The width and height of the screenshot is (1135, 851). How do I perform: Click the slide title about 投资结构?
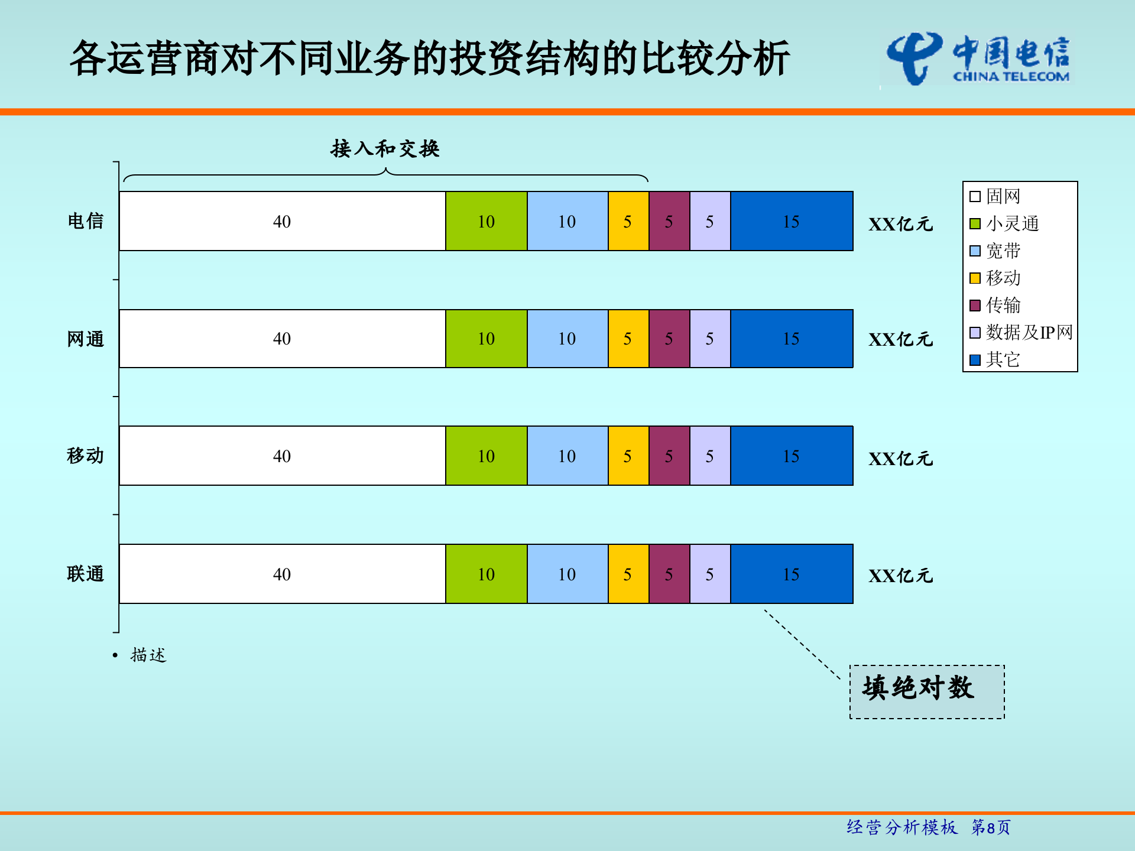(x=430, y=59)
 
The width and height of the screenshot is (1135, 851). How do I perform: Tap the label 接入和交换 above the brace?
(x=385, y=148)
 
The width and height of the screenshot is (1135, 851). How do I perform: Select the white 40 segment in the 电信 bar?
(x=282, y=221)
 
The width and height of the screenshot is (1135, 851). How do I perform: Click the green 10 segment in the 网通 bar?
(x=486, y=339)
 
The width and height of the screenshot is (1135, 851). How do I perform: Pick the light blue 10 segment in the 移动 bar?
(x=567, y=456)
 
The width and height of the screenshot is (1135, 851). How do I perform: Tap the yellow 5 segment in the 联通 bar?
(x=628, y=574)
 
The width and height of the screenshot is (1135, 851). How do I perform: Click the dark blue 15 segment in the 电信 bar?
(x=791, y=221)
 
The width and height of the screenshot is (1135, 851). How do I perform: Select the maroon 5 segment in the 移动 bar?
(x=669, y=456)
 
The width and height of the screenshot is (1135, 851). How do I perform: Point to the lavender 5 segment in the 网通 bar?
(x=709, y=339)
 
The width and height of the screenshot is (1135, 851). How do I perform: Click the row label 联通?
(x=85, y=574)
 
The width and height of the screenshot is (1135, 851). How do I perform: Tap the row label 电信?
(x=85, y=221)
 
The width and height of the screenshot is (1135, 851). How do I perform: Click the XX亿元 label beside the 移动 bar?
(x=900, y=459)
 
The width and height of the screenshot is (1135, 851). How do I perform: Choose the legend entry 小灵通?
(x=1011, y=223)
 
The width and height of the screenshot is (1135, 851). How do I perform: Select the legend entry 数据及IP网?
(x=1029, y=332)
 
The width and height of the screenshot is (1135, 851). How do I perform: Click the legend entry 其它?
(x=1003, y=359)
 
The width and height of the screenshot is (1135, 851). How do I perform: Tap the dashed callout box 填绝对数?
(x=926, y=691)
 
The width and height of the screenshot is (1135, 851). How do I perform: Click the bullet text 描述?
(x=148, y=655)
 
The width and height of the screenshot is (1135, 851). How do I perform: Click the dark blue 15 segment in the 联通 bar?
(x=791, y=574)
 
